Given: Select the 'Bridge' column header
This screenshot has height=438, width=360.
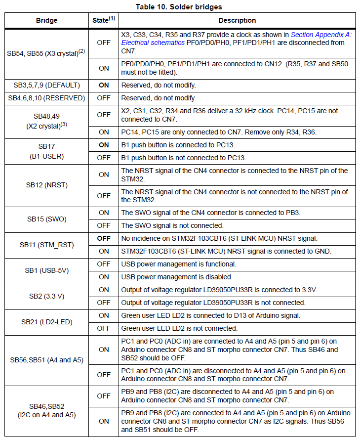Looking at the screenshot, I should pos(47,20).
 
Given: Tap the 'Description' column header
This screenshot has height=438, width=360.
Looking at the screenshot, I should pos(238,20).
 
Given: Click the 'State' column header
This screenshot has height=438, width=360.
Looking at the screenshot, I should pos(103,20).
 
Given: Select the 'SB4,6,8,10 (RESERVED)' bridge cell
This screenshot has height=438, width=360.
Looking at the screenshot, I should pos(47,98).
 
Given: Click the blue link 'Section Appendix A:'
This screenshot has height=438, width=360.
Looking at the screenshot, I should pos(321,35).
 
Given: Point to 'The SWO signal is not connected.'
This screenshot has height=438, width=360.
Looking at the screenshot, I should pos(172,225).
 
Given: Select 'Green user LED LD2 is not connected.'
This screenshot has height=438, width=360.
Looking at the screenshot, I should pos(179,328).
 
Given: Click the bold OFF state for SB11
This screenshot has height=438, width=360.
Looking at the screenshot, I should pos(104,238).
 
